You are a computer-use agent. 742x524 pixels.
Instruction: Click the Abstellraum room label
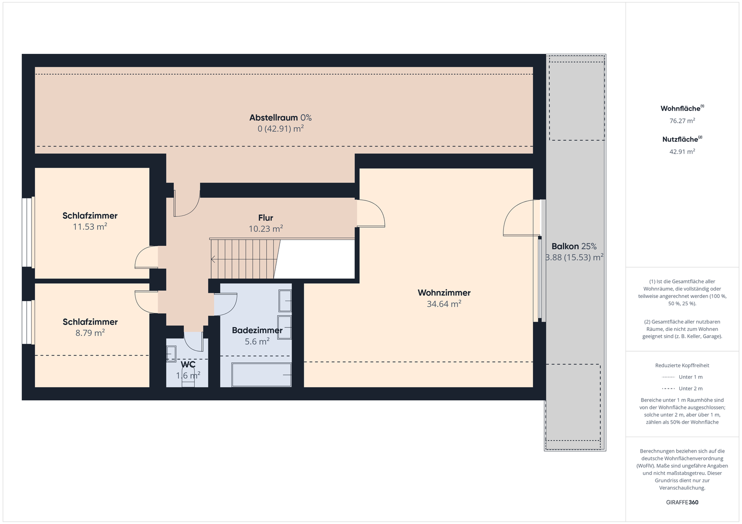(x=274, y=117)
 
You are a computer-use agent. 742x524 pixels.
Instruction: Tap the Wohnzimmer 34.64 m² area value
(x=444, y=304)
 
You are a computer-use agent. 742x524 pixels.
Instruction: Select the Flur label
(x=266, y=218)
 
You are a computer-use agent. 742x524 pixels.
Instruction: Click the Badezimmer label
(x=257, y=330)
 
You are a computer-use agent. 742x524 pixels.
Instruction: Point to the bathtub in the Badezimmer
(x=261, y=375)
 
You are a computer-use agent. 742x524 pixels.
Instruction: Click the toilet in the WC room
(x=188, y=380)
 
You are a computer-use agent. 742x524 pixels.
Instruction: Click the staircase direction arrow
(x=213, y=260)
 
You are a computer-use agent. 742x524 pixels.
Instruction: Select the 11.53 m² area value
(x=90, y=227)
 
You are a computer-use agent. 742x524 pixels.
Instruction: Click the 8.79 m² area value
(x=90, y=333)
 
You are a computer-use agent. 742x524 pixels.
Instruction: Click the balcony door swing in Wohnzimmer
(x=521, y=218)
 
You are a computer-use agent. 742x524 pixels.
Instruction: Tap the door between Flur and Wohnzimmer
(x=371, y=213)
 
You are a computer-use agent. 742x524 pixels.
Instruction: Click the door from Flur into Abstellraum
(x=187, y=200)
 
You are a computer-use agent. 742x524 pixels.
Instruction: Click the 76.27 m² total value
(x=682, y=121)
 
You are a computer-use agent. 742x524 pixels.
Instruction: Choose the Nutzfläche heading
(x=682, y=139)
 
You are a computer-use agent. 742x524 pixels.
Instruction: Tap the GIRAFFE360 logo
(x=682, y=502)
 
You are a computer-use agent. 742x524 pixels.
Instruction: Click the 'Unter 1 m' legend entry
(x=682, y=377)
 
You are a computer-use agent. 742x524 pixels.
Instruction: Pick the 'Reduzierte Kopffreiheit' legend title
(x=682, y=365)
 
